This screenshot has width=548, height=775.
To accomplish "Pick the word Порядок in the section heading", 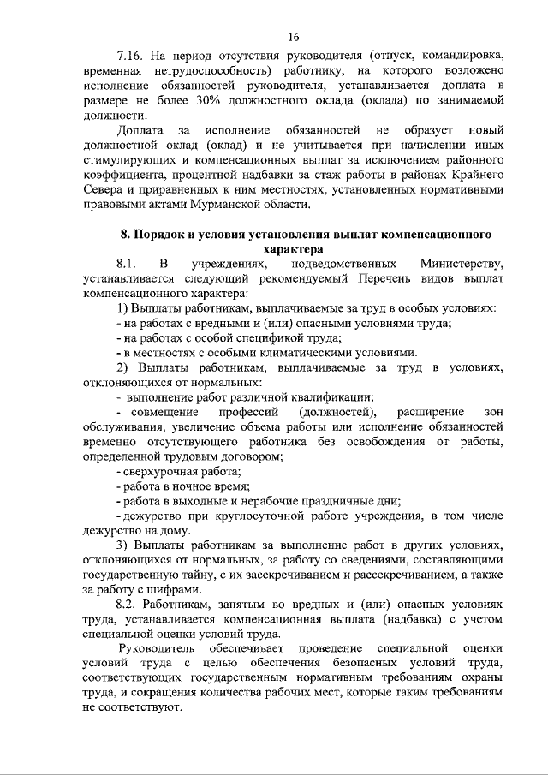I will (x=170, y=233).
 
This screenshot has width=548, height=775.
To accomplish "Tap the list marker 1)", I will (x=121, y=307).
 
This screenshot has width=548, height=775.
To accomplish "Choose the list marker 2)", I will (x=121, y=367).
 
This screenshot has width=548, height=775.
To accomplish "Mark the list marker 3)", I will (x=121, y=545).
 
